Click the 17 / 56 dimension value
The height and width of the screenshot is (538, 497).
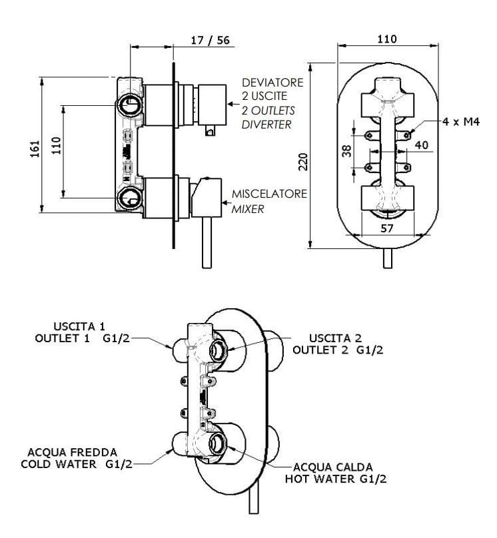[209, 40]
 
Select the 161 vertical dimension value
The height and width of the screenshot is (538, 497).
[38, 147]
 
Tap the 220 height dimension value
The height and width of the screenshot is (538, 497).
[303, 160]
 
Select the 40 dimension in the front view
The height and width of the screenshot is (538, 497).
[420, 144]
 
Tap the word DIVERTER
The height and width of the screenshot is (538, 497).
[266, 125]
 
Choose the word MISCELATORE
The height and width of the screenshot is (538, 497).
[269, 194]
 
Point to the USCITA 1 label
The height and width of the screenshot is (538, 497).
[79, 326]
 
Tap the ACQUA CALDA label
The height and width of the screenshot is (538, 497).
[330, 466]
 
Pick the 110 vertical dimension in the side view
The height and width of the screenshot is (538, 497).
[57, 143]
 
